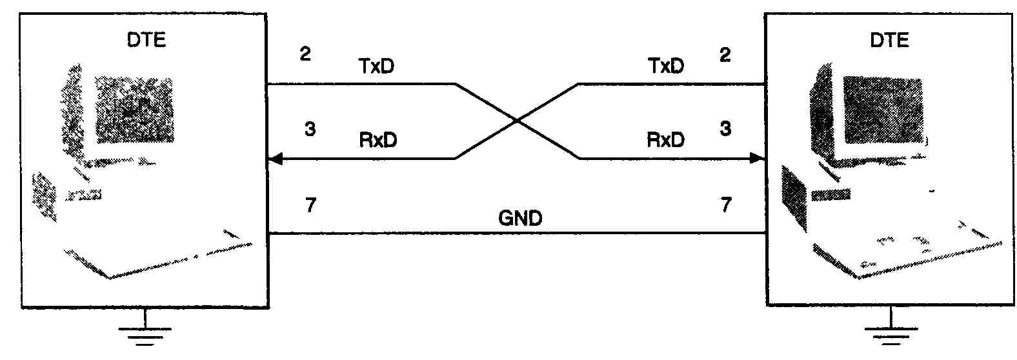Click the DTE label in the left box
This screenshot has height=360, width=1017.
click(146, 40)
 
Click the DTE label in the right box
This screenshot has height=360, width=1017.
click(889, 40)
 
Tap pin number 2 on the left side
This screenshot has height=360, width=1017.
click(305, 54)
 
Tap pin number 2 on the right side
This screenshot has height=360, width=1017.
click(725, 55)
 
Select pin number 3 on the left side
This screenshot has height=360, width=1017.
click(310, 130)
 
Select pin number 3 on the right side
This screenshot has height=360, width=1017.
click(725, 130)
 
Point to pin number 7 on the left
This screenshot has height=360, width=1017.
click(310, 206)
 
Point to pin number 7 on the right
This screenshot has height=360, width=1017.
click(726, 206)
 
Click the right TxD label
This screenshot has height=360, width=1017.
click(665, 66)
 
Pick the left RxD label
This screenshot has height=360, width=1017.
click(378, 140)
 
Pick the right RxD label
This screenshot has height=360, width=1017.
click(665, 140)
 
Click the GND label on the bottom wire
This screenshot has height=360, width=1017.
click(520, 218)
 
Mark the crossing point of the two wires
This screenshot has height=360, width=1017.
click(516, 121)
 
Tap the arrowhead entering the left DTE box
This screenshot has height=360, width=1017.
click(276, 158)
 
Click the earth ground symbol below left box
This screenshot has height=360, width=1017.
click(145, 332)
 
